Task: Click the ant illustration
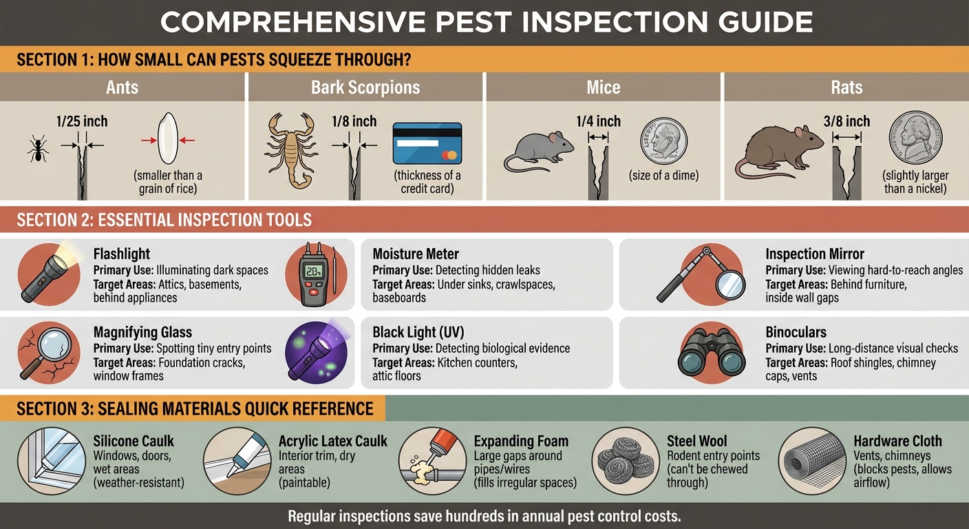click(38, 149)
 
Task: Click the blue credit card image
click(427, 143)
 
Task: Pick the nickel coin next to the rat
click(915, 141)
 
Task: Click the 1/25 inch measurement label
click(82, 122)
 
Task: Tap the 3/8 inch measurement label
click(847, 122)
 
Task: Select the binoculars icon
click(711, 351)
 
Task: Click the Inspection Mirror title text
click(815, 254)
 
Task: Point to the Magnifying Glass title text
click(142, 332)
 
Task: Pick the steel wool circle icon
click(624, 460)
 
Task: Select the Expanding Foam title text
click(521, 442)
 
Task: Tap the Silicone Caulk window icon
click(47, 460)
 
